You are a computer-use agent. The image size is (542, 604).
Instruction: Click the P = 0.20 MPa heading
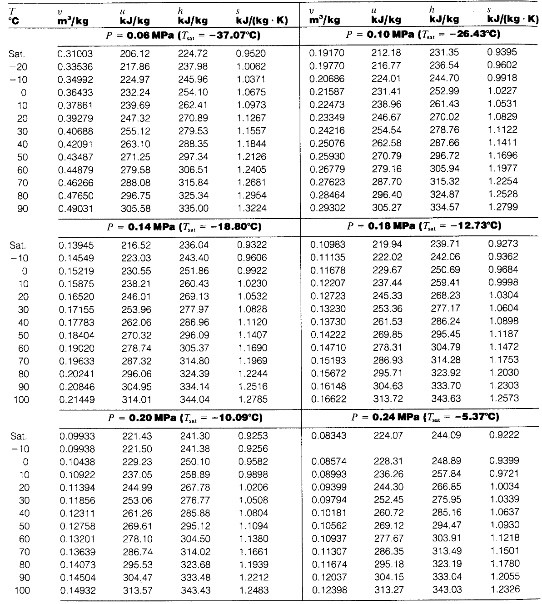pos(185,417)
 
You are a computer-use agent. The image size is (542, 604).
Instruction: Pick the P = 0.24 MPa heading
pos(425,417)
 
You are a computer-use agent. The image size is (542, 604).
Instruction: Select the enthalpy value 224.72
pos(193,54)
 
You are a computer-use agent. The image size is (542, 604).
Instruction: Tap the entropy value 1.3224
pos(251,209)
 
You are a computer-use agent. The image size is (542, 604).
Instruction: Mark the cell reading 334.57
pos(444,207)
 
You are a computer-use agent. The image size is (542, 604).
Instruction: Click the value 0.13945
pos(76,245)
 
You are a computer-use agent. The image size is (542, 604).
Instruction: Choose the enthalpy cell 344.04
pos(194,400)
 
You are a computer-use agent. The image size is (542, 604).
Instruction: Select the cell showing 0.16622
pos(328,399)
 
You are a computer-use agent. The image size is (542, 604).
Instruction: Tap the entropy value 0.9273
pos(503,244)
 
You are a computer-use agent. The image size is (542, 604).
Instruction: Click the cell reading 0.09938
pos(77,449)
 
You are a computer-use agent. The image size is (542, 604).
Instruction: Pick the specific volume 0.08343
pos(328,435)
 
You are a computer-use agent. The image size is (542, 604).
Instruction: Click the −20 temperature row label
pos(18,67)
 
